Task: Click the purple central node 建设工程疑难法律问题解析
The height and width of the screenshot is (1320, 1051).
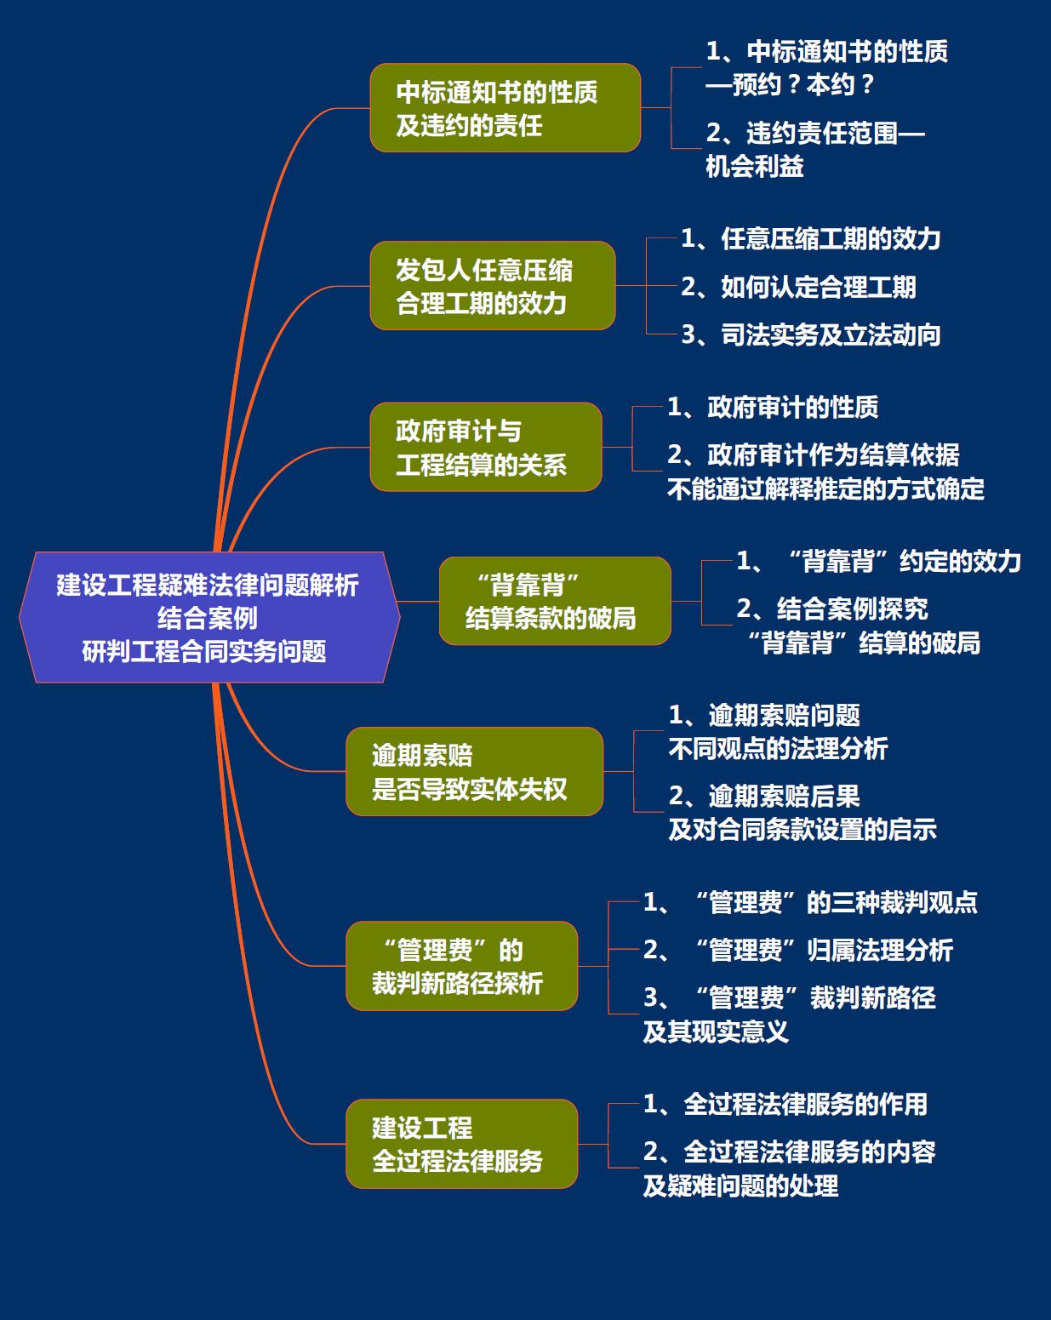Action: coord(209,617)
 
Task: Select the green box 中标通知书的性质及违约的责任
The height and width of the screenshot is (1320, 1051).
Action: coord(505,108)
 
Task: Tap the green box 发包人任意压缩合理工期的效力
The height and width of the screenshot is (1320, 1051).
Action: coord(492,286)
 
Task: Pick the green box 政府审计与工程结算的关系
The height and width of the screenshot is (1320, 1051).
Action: coord(485,447)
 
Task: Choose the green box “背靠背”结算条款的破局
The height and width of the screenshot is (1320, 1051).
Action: coord(555,601)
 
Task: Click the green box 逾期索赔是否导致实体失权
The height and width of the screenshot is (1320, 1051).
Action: coord(474,772)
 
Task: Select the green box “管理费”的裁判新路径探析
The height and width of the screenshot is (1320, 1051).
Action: coord(461,966)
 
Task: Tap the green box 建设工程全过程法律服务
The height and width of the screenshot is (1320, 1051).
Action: coord(461,1144)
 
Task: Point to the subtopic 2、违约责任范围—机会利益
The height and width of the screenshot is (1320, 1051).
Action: coord(815,149)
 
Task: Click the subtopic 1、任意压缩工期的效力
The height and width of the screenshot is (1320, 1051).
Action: coord(810,238)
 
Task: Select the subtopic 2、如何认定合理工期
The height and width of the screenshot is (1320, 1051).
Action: coord(798,287)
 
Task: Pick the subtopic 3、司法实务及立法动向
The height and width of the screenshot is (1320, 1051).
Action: coord(810,334)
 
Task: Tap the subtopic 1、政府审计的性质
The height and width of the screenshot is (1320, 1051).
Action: coord(773,407)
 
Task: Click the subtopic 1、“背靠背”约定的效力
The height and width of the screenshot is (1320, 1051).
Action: coord(878,561)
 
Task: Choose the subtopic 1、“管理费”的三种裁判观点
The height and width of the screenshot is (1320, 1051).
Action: coord(810,901)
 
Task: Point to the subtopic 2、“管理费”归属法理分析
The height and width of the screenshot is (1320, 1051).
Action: coord(797,950)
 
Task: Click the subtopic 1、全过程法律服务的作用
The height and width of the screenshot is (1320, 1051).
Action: coord(785,1104)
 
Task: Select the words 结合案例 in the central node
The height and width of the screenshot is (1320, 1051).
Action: coord(208,618)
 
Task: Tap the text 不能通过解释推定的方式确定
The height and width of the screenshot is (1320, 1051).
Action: coord(825,489)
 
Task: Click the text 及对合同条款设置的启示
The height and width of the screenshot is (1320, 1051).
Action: coord(803,829)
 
